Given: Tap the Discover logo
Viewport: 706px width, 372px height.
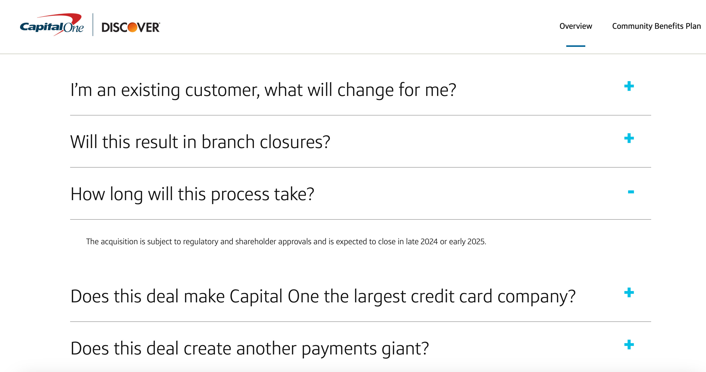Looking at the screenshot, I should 131,27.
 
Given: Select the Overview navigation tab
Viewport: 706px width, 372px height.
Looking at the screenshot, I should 576,26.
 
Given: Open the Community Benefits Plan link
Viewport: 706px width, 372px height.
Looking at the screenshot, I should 656,26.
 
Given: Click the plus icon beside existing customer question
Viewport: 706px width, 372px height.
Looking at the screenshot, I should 629,86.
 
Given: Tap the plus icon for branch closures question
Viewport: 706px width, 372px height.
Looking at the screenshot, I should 629,138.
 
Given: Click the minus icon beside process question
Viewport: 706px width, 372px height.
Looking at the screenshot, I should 631,192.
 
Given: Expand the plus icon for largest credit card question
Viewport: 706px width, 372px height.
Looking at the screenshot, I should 629,293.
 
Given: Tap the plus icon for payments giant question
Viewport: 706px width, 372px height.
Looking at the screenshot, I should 629,345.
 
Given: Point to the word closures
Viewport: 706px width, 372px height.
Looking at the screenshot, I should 295,142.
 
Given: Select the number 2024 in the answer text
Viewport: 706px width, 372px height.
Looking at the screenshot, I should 429,241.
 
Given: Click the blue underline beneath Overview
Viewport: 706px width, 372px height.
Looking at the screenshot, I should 576,46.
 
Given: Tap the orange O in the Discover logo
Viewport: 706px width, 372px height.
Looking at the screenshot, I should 133,27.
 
